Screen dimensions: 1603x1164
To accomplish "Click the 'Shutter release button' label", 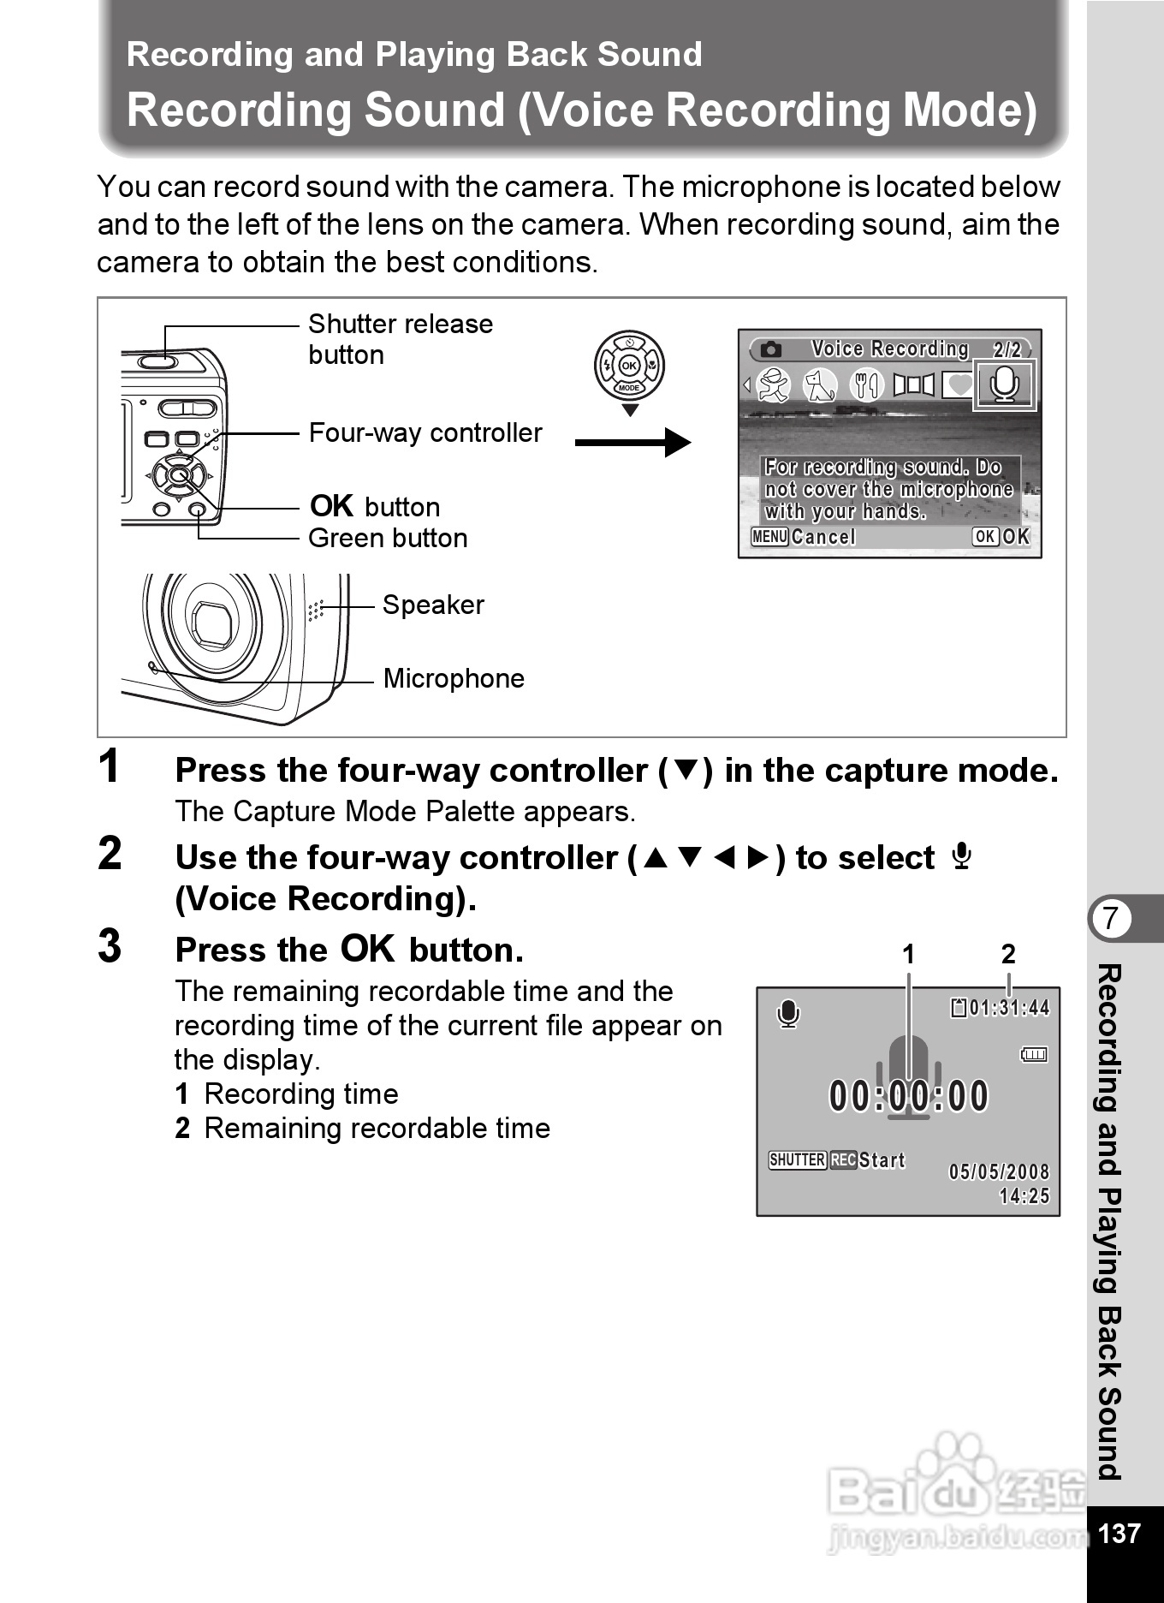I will point(400,339).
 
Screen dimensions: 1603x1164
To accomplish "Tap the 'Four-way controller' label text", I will point(425,433).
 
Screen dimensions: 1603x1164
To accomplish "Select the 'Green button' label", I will point(388,539).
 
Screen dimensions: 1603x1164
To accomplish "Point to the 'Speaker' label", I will point(433,605).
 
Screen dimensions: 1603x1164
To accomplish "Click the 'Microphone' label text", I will point(454,679).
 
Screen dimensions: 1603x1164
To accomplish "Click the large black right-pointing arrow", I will point(632,443).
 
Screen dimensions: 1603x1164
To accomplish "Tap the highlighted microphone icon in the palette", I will point(1004,385).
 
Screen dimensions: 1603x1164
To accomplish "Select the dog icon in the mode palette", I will point(820,385).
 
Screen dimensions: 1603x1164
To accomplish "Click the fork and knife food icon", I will point(866,385).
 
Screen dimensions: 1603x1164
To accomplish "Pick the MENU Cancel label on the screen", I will point(803,537).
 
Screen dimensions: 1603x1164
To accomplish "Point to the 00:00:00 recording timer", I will point(908,1096).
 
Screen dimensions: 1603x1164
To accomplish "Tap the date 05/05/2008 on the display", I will point(999,1172).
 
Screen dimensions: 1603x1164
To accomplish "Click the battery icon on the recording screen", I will point(1034,1055).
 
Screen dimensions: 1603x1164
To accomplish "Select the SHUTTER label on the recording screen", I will point(797,1160).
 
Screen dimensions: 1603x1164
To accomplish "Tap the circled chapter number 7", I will point(1110,918).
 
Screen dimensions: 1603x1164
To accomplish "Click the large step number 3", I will point(110,947).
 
